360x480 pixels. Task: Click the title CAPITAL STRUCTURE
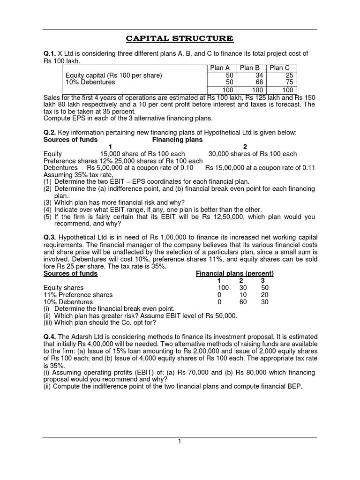coord(180,38)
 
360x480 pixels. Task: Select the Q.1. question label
coord(49,54)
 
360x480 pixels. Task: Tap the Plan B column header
coord(249,68)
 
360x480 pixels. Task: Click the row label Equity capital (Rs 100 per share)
coord(114,75)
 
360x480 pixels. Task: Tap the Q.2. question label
coord(49,133)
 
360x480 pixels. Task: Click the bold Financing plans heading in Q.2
coord(177,140)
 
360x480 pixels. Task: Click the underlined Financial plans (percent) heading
coord(234,273)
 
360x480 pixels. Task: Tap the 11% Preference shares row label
coord(78,294)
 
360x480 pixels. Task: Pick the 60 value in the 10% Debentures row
coord(243,301)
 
